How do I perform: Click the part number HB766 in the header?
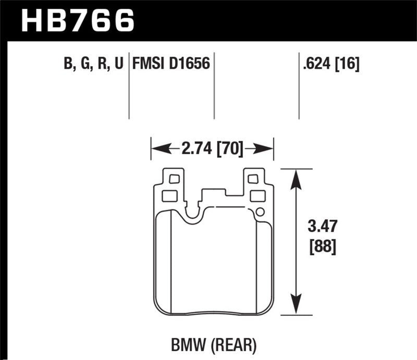click(x=77, y=20)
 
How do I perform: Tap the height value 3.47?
click(x=323, y=227)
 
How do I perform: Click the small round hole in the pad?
click(x=260, y=212)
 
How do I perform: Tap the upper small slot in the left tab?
click(x=174, y=179)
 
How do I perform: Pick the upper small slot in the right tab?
click(x=253, y=179)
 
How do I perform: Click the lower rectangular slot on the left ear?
click(x=169, y=196)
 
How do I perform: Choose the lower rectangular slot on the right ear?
click(x=257, y=196)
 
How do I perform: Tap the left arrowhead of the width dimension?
click(x=156, y=150)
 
